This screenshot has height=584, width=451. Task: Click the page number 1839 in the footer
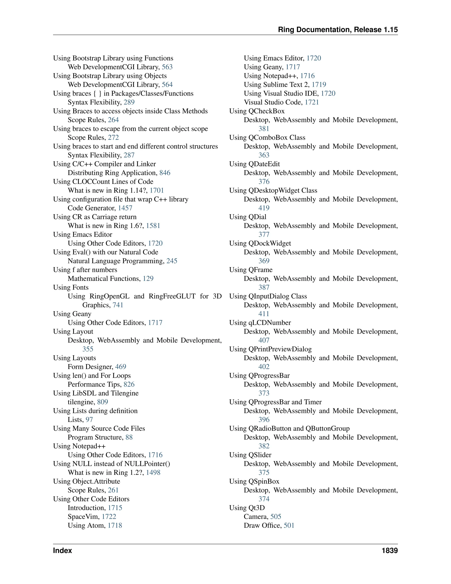click(x=390, y=551)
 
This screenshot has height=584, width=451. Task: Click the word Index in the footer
click(x=63, y=551)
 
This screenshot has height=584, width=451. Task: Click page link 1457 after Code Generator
click(x=125, y=208)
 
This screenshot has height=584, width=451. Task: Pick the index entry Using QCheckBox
click(x=257, y=111)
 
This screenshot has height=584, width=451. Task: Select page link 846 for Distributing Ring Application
click(x=165, y=173)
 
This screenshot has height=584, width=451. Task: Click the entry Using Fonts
click(x=71, y=287)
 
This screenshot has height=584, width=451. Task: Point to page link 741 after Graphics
click(x=118, y=305)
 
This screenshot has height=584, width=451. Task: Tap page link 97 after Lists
click(x=89, y=420)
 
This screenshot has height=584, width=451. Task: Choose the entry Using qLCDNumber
click(x=260, y=323)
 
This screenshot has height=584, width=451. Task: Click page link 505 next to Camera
click(x=276, y=517)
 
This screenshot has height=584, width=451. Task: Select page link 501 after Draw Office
click(x=289, y=525)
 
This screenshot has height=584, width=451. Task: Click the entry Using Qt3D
click(x=247, y=508)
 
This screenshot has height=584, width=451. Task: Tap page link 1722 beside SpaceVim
click(x=109, y=517)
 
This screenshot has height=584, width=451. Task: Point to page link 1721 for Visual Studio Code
click(x=312, y=102)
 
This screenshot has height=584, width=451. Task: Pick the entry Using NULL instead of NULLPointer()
click(x=112, y=464)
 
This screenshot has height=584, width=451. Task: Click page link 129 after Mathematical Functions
click(x=148, y=279)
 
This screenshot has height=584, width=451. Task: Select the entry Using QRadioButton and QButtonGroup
click(x=289, y=428)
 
